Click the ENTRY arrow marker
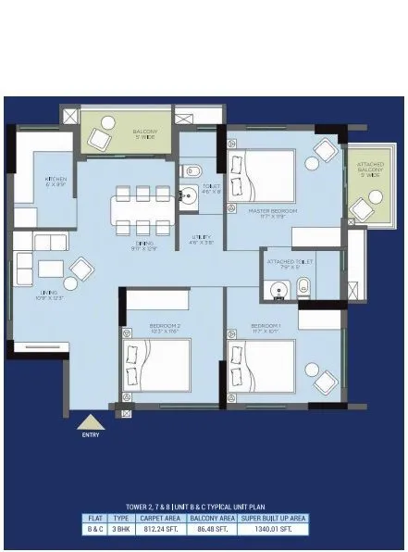point(90,422)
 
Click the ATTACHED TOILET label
point(290,264)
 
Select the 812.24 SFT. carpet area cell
point(155,530)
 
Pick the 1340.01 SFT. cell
point(273,530)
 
